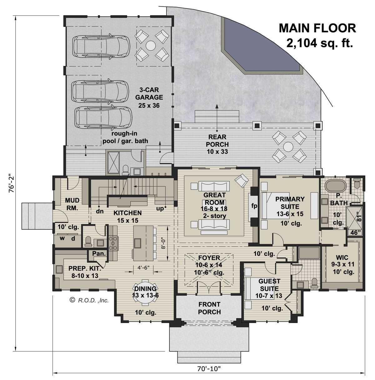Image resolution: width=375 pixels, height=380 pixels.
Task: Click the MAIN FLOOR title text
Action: pos(317,28)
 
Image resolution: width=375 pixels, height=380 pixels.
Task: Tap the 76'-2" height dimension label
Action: pos(11,186)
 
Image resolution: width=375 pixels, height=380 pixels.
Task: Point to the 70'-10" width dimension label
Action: pos(209,368)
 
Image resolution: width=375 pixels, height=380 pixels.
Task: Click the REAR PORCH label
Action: pos(217,141)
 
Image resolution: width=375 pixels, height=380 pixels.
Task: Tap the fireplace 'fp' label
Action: pos(254,206)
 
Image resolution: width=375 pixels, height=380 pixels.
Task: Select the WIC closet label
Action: pos(342,257)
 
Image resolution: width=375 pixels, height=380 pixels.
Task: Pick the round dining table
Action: pos(145,294)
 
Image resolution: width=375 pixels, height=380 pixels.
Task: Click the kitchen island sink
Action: pos(137,243)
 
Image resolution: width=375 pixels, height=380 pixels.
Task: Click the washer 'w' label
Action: pos(62,238)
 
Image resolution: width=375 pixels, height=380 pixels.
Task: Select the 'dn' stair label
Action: pos(100,211)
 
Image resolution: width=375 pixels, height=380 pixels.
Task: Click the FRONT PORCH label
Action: pos(209,308)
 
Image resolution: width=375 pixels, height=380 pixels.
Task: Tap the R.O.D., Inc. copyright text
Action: pos(89,300)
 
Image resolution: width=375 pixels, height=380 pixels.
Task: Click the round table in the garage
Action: pos(151,46)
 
